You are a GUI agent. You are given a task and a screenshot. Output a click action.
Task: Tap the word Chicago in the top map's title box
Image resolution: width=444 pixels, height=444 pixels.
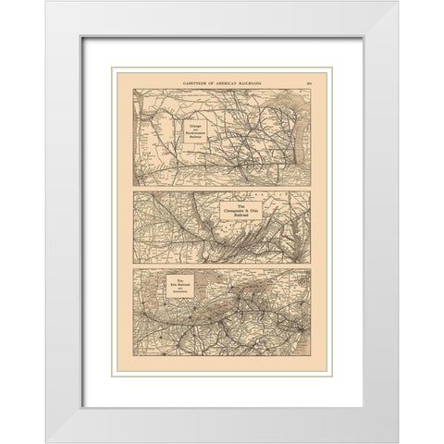click(202, 121)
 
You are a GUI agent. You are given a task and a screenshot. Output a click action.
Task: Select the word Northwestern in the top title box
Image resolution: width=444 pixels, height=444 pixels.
click(202, 131)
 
